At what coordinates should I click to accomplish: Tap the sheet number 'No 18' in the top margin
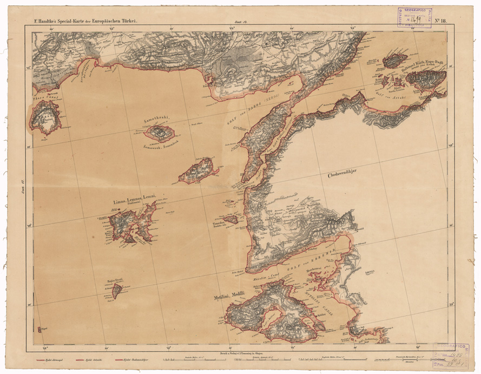[439, 21]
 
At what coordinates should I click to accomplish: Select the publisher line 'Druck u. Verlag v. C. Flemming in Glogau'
[241, 352]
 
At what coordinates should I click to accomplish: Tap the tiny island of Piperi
[39, 329]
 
